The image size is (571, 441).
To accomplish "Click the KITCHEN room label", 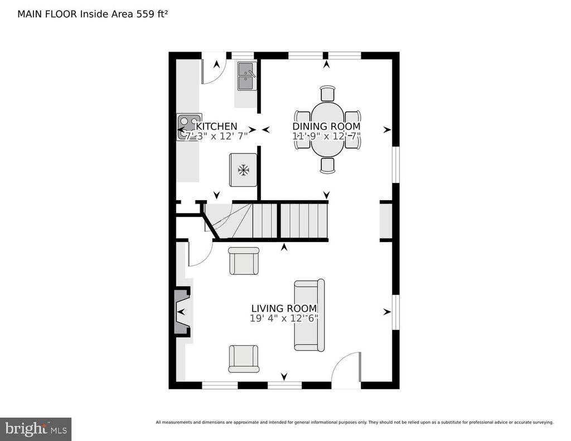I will click(217, 127).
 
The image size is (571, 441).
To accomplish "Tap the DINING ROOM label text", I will click(327, 127).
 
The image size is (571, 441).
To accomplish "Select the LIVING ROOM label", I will click(284, 308).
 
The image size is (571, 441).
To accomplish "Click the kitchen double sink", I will click(245, 76).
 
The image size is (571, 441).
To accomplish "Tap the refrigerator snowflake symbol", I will click(243, 170).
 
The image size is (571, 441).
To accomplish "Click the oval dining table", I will click(327, 129).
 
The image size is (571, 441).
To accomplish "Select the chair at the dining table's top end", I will click(328, 93).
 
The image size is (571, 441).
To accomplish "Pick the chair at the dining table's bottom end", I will click(328, 165).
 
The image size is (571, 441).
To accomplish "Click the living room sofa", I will click(309, 315).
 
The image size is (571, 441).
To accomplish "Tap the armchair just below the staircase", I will click(244, 261).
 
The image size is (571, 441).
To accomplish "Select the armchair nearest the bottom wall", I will click(244, 358).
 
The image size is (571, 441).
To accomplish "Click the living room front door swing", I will click(346, 371).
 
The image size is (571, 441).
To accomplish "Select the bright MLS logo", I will click(35, 429).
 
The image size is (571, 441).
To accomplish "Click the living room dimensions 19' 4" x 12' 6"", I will click(284, 319).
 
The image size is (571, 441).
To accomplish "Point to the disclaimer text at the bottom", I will click(354, 422).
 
